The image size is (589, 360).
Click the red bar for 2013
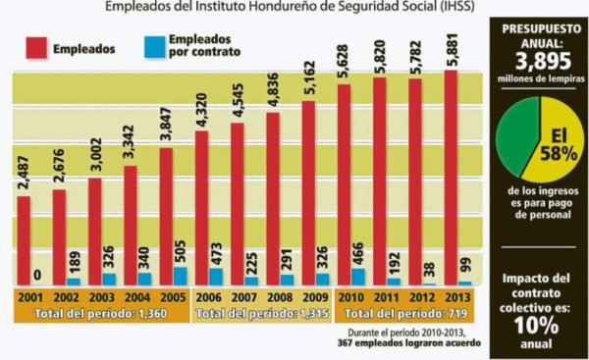pos(451,177)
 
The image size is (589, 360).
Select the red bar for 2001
pos(24,239)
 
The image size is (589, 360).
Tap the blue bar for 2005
pos(181,276)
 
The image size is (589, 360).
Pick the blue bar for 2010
pos(358,277)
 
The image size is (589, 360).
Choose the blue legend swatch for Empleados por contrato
pos(155,46)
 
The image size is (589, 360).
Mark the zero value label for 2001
pos(36,277)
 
